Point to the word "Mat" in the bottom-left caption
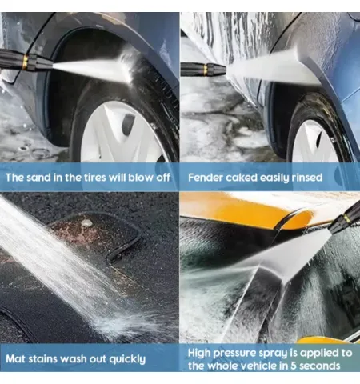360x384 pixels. pyautogui.click(x=15, y=359)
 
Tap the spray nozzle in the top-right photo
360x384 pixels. pyautogui.click(x=203, y=70)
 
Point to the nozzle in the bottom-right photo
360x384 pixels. pyautogui.click(x=344, y=218)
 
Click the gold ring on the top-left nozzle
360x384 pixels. pyautogui.click(x=25, y=62)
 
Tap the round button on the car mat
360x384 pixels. pyautogui.click(x=86, y=223)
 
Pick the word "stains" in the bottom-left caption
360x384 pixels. pyautogui.click(x=42, y=359)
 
